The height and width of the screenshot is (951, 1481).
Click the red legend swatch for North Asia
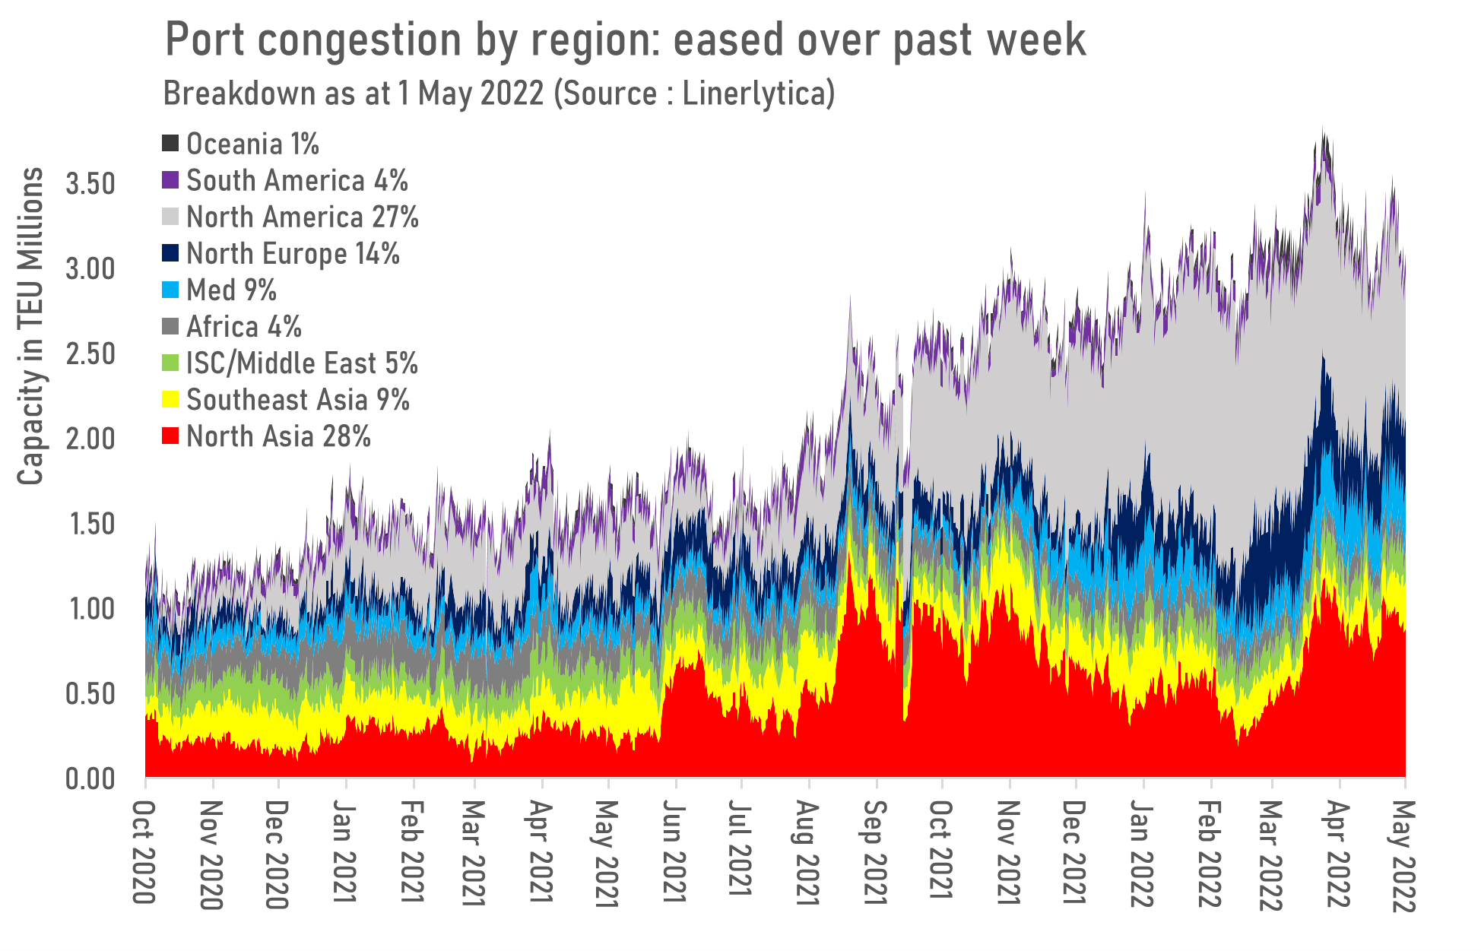[x=171, y=436]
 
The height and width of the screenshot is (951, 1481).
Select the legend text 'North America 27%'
[x=303, y=217]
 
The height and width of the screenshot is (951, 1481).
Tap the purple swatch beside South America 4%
[x=171, y=181]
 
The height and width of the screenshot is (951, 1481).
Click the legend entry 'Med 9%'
[x=231, y=290]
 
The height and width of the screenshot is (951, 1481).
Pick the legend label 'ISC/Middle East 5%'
[x=302, y=363]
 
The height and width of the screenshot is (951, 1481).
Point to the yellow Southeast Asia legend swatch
[x=171, y=400]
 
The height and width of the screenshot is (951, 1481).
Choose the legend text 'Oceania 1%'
[x=252, y=144]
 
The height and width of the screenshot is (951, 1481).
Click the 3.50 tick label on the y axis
[x=90, y=185]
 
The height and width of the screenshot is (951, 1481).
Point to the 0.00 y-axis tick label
[x=90, y=779]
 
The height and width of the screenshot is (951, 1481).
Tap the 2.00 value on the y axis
[x=90, y=439]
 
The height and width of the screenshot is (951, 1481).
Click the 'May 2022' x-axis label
[x=1403, y=855]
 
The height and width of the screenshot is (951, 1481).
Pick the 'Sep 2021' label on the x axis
[x=876, y=853]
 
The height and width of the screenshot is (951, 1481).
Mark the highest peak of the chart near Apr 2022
[x=1324, y=129]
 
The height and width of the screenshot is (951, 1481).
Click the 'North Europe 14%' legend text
[x=293, y=254]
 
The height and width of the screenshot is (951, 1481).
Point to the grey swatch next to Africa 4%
[x=171, y=327]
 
